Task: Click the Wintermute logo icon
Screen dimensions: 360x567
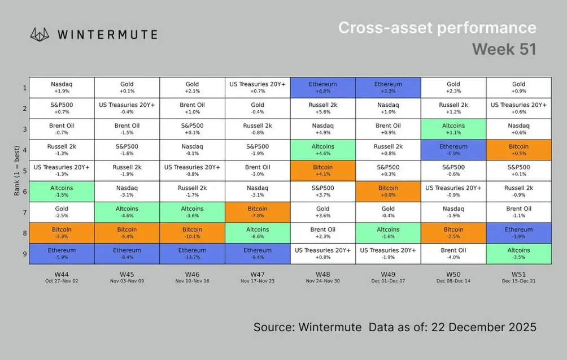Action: coord(41,34)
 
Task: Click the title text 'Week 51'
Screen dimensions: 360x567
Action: coord(504,49)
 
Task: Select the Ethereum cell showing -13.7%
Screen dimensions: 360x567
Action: coord(192,253)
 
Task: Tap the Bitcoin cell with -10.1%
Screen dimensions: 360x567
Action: coord(192,232)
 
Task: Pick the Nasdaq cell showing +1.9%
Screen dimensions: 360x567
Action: coord(62,87)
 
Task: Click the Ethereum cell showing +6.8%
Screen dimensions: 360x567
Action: coord(322,87)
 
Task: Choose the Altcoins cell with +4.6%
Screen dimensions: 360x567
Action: coord(322,149)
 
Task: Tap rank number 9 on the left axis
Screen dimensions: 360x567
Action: coord(25,253)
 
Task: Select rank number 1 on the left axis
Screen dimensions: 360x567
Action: coord(25,87)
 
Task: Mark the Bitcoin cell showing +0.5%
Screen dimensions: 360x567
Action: coord(518,149)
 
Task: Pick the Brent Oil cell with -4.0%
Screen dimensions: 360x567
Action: coord(453,253)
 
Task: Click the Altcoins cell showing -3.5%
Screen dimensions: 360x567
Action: coord(518,253)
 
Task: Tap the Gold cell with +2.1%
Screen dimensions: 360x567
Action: coord(192,87)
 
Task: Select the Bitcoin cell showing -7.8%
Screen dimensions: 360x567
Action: coord(258,212)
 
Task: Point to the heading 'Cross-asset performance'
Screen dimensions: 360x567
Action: coord(437,28)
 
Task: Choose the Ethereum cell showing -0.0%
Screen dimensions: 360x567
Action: coord(453,149)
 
